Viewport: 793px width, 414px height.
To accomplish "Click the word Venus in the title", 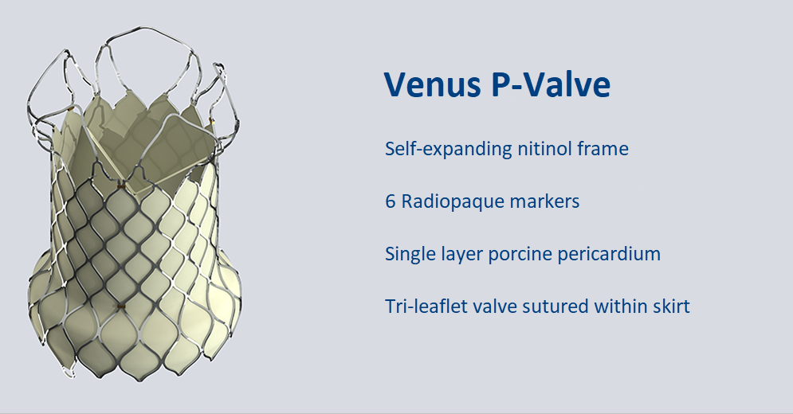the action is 433,84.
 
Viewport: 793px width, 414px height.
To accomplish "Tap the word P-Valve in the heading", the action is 551,84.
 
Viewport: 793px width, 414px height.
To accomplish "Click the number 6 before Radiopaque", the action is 391,201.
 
